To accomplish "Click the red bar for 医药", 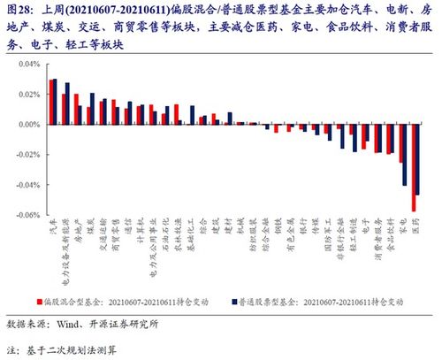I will coord(414,167).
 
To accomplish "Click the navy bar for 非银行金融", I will coord(343,136).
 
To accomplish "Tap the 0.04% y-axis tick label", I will coord(28,65).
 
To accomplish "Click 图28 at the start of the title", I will coord(20,10).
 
